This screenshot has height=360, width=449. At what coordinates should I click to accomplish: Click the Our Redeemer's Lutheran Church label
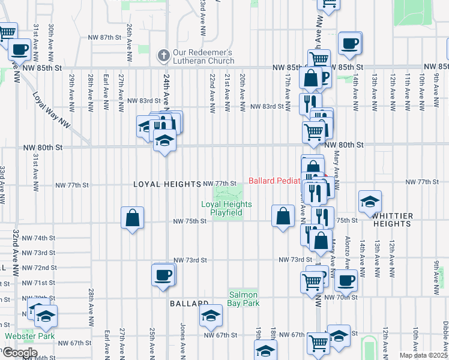(203, 56)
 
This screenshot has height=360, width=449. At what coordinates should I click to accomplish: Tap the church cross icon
(162, 56)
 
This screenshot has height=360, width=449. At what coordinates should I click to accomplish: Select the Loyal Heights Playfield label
(226, 208)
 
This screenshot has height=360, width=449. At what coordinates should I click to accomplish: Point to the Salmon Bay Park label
(243, 299)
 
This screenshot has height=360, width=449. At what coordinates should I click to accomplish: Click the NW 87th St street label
(104, 37)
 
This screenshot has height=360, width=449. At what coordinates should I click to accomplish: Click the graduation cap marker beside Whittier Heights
(370, 202)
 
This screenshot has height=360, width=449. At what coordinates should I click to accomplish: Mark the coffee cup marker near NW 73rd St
(163, 275)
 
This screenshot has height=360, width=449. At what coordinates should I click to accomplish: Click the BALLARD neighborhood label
(188, 304)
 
